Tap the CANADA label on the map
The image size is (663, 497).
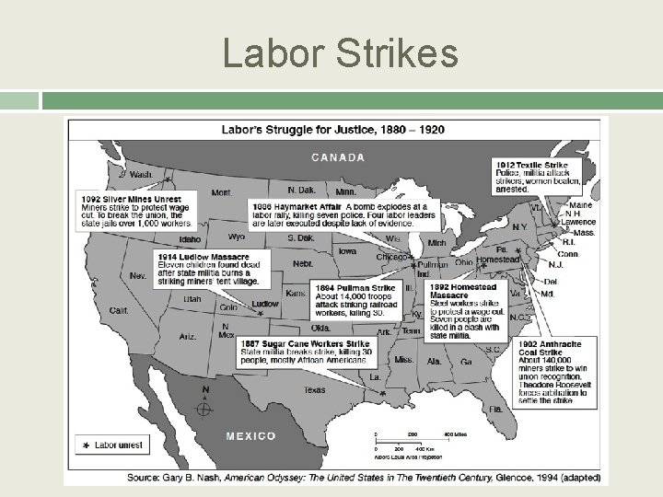tap(338, 157)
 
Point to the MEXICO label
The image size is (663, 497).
tap(250, 435)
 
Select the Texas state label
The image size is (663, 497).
tap(314, 389)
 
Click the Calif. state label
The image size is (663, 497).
tap(119, 310)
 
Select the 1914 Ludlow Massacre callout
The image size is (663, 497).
tap(208, 268)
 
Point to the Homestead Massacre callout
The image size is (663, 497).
tap(464, 310)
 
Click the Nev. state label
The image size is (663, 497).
tap(138, 275)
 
